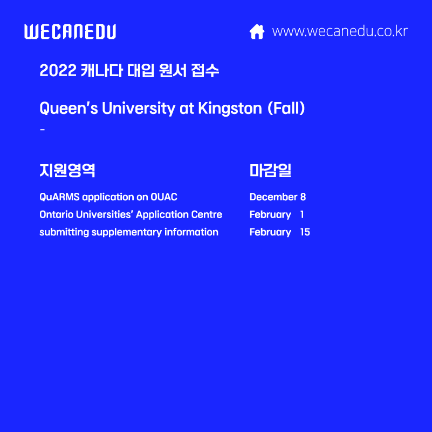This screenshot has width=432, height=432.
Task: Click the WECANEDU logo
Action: pyautogui.click(x=70, y=31)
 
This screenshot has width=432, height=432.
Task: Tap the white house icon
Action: pyautogui.click(x=257, y=31)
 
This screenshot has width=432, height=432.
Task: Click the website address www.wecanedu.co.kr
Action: pyautogui.click(x=340, y=31)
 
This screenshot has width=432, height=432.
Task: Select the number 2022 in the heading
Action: pyautogui.click(x=58, y=70)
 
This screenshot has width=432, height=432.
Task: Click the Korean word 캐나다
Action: pyautogui.click(x=102, y=70)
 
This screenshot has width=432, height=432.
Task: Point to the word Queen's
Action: pyautogui.click(x=68, y=108)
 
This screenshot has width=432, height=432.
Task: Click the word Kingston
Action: pyautogui.click(x=230, y=109)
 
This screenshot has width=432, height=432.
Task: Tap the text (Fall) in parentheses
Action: pyautogui.click(x=286, y=108)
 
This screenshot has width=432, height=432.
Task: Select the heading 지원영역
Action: pyautogui.click(x=67, y=170)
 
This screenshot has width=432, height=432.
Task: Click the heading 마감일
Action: pyautogui.click(x=270, y=170)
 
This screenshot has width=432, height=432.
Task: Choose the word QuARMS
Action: pyautogui.click(x=59, y=197)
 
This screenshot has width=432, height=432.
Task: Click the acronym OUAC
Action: pyautogui.click(x=164, y=197)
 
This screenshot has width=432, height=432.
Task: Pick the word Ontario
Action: pyautogui.click(x=56, y=214)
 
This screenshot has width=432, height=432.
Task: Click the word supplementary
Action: pyautogui.click(x=126, y=232)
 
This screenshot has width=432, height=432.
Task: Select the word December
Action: pyautogui.click(x=273, y=197)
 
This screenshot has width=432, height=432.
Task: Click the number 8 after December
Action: pyautogui.click(x=303, y=197)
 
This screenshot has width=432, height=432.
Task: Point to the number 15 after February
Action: pyautogui.click(x=305, y=232)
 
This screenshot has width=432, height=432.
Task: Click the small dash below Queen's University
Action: pyautogui.click(x=43, y=130)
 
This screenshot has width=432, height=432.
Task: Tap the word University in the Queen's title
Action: pyautogui.click(x=139, y=108)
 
